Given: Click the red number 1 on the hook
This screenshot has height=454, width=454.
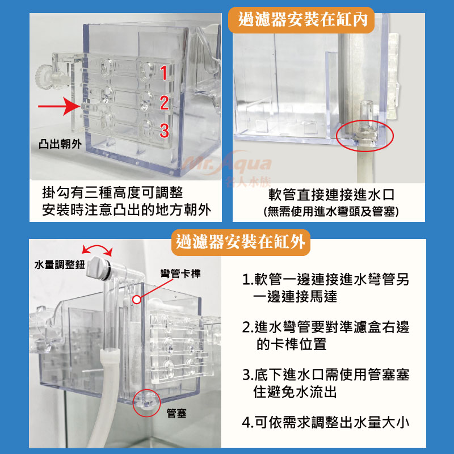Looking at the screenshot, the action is click(x=163, y=73).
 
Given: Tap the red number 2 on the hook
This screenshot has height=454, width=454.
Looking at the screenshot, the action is click(x=164, y=102).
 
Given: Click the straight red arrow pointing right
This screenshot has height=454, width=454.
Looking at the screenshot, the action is click(x=60, y=106).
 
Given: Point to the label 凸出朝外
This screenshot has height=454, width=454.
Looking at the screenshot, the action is click(x=60, y=144).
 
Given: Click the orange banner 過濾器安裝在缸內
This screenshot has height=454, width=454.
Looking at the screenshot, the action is click(x=301, y=20).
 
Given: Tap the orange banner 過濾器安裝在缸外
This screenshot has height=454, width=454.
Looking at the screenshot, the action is click(x=241, y=242).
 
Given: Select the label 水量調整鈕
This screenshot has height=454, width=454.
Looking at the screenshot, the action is click(x=60, y=264).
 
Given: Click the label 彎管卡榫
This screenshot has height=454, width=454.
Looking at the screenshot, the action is click(x=180, y=274).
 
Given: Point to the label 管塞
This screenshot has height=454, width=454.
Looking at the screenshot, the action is click(x=176, y=413).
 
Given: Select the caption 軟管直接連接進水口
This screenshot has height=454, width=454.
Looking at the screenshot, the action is click(x=331, y=195).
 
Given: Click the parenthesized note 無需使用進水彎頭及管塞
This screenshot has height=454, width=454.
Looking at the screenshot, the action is click(x=331, y=211).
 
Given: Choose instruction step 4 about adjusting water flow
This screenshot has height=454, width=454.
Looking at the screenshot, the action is click(x=325, y=422).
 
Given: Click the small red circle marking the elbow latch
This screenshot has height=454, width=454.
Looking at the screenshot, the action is click(x=137, y=300).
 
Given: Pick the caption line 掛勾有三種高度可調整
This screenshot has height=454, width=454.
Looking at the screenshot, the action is click(x=112, y=192).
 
